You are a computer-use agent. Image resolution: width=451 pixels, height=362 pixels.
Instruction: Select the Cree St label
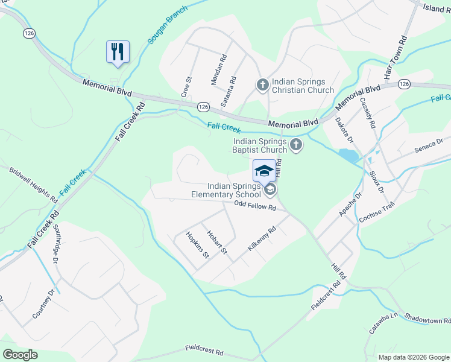186,87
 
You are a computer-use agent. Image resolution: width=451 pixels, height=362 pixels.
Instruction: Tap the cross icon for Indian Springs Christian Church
262,85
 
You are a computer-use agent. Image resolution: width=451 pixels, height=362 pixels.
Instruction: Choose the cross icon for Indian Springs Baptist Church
295,144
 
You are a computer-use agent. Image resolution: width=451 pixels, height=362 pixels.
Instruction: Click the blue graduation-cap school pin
264,170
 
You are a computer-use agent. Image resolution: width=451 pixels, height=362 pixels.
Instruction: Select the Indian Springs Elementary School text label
226,190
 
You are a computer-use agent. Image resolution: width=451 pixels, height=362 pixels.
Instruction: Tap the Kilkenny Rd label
261,240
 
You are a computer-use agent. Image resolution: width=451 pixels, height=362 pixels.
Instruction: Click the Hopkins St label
197,245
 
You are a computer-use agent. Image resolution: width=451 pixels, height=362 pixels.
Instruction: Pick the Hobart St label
216,242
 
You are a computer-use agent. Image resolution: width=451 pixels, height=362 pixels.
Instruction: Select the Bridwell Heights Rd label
33,185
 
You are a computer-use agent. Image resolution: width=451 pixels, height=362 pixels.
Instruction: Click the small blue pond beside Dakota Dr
347,155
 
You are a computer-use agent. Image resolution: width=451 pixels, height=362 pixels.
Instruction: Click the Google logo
20,355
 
